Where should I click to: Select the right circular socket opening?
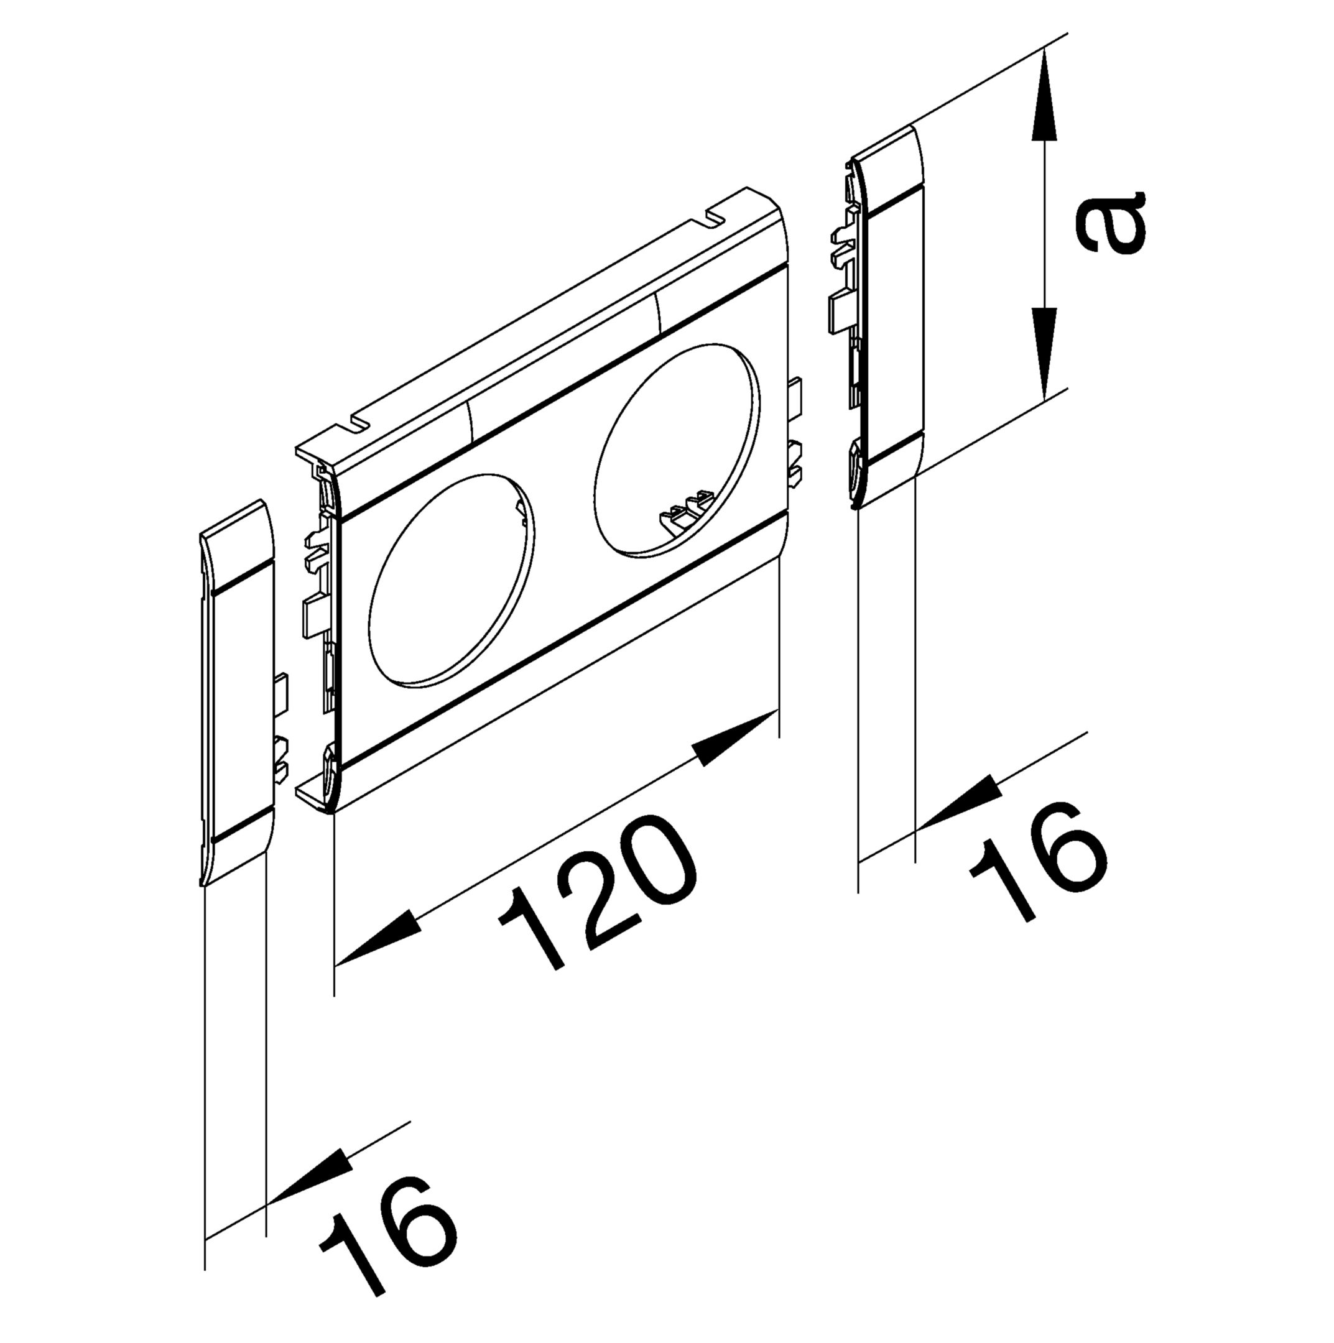point(677,450)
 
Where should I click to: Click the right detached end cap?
point(884,317)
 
